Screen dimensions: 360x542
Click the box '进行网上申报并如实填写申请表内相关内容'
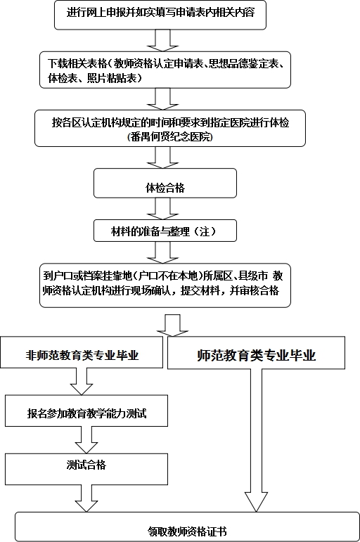[160, 15]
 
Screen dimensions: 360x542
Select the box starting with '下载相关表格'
[165, 70]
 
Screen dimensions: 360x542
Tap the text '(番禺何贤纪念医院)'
[169, 137]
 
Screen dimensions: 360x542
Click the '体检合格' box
[165, 183]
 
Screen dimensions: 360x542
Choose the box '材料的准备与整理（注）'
[165, 230]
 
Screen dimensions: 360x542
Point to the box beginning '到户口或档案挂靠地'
[165, 285]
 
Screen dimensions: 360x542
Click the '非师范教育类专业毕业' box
[82, 352]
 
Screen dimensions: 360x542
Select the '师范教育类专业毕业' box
[256, 353]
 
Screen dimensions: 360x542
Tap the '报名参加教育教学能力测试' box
[86, 411]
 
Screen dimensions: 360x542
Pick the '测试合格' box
[86, 469]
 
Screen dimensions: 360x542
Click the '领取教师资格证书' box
[187, 527]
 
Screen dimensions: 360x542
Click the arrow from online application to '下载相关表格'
[162, 41]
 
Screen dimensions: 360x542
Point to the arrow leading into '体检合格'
[162, 157]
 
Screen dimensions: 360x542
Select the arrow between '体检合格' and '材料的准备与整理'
[162, 209]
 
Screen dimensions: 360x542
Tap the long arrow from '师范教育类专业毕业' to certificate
[256, 440]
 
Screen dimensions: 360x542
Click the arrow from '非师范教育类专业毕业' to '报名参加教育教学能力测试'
[82, 382]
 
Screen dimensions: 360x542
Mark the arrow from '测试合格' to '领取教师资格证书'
[86, 498]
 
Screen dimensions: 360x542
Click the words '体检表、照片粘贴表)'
[94, 78]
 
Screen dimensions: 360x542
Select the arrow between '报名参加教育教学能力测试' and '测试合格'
[86, 440]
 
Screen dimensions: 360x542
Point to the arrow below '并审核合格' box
[172, 325]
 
